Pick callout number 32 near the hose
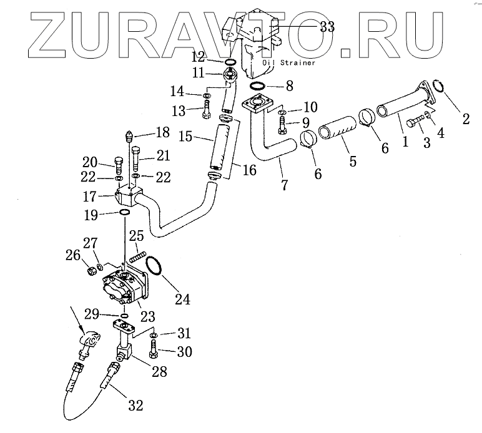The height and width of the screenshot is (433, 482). click(136, 406)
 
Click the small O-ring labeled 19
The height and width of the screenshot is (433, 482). click(124, 213)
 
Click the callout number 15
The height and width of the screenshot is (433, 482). click(185, 135)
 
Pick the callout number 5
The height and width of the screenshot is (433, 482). click(353, 161)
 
